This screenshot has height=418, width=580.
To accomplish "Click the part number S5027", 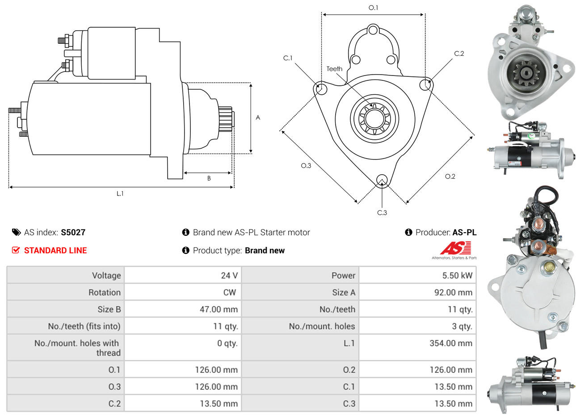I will pyautogui.click(x=73, y=232).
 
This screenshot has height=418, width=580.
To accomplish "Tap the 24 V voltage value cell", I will pyautogui.click(x=229, y=276).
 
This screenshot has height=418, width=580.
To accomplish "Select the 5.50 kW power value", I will pyautogui.click(x=457, y=276).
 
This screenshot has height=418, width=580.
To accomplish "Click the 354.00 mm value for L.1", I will pyautogui.click(x=450, y=343).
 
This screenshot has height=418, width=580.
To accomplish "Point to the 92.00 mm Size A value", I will pyautogui.click(x=453, y=293).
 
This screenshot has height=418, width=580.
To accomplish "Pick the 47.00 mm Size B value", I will pyautogui.click(x=219, y=309).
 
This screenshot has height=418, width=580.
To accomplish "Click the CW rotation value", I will pyautogui.click(x=229, y=293).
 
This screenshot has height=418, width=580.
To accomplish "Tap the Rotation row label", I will pyautogui.click(x=104, y=293).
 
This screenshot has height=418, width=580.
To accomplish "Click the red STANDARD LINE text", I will pyautogui.click(x=55, y=251).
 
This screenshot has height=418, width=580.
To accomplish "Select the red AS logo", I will pyautogui.click(x=455, y=248).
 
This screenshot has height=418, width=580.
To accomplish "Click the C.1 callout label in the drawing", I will pyautogui.click(x=288, y=58).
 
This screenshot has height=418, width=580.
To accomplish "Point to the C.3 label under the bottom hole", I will pyautogui.click(x=382, y=213).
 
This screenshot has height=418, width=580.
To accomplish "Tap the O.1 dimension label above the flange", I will pyautogui.click(x=373, y=8).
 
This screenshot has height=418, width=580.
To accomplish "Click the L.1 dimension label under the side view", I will pyautogui.click(x=120, y=193).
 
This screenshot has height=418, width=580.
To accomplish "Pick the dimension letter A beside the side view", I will pyautogui.click(x=258, y=117).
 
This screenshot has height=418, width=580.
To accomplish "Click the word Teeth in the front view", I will pyautogui.click(x=334, y=69).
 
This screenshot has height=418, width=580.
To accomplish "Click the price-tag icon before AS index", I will pyautogui.click(x=16, y=232).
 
